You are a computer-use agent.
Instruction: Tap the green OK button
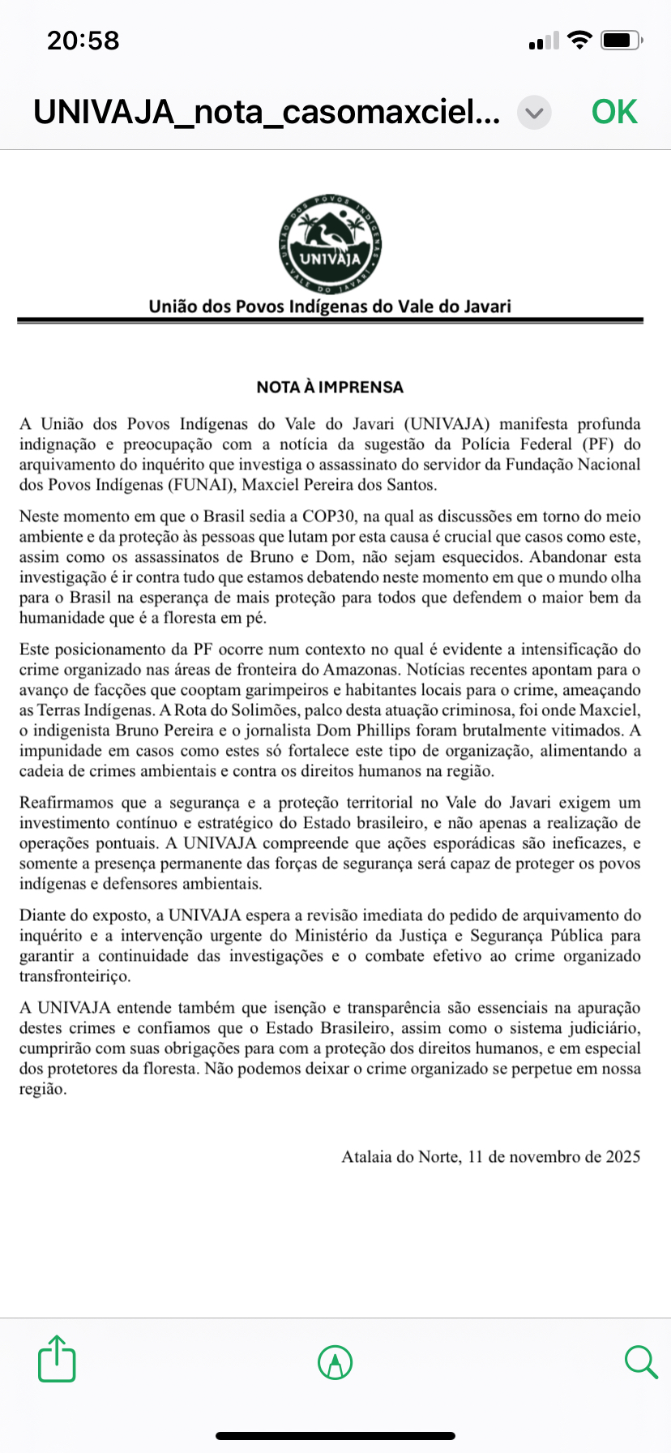click(x=614, y=112)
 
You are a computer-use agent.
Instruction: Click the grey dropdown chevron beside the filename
click(x=534, y=113)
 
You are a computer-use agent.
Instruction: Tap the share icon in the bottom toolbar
click(x=57, y=1358)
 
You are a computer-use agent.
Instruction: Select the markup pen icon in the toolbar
click(x=335, y=1361)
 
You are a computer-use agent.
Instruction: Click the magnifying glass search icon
click(x=640, y=1361)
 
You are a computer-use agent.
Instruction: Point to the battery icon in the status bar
click(x=623, y=41)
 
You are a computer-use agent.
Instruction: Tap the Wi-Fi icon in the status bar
click(x=579, y=40)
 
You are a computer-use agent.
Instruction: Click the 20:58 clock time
click(x=83, y=41)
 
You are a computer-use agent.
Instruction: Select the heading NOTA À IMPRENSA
click(x=330, y=388)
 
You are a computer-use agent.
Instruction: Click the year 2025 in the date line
click(x=623, y=1157)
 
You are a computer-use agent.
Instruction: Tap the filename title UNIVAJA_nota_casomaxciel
click(x=267, y=112)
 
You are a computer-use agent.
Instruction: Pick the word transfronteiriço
click(x=75, y=976)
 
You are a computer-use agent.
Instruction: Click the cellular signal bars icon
click(x=544, y=41)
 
